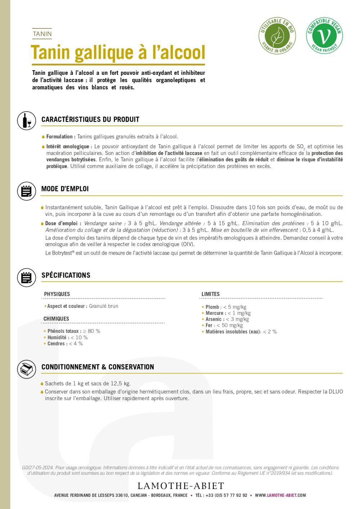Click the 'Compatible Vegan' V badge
pyautogui.click(x=324, y=36)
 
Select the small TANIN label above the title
pyautogui.click(x=42, y=34)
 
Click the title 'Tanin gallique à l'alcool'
pyautogui.click(x=118, y=53)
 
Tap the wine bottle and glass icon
pyautogui.click(x=27, y=121)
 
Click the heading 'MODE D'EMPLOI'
pyautogui.click(x=65, y=189)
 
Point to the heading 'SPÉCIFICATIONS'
pyautogui.click(x=66, y=275)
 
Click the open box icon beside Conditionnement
pyautogui.click(x=27, y=369)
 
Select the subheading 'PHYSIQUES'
pyautogui.click(x=57, y=294)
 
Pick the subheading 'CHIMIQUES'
pyautogui.click(x=56, y=319)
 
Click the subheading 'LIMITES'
pyautogui.click(x=211, y=294)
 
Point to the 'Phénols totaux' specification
pyautogui.click(x=74, y=331)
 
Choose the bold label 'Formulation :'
pyautogui.click(x=61, y=137)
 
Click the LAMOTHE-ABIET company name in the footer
pyautogui.click(x=181, y=486)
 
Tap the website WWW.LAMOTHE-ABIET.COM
pyautogui.click(x=280, y=495)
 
